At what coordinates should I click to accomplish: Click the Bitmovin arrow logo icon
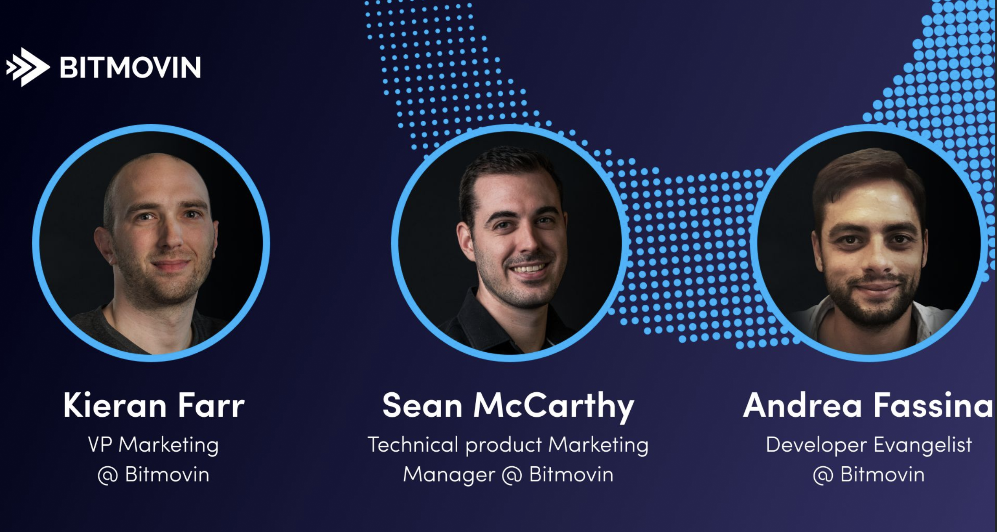(x=28, y=67)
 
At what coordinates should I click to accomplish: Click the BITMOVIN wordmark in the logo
(x=130, y=67)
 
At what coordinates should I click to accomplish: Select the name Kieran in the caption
(x=115, y=405)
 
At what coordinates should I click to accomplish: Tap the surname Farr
(x=211, y=405)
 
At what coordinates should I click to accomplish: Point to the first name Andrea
(x=802, y=405)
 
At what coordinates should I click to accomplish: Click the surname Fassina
(x=933, y=405)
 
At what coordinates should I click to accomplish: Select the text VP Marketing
(x=153, y=445)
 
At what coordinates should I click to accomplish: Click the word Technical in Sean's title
(x=413, y=444)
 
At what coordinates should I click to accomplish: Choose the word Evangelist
(x=923, y=445)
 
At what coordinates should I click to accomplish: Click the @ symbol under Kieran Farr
(x=107, y=476)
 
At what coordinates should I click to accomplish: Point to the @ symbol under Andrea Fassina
(x=823, y=476)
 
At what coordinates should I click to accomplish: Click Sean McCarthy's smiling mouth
(x=529, y=268)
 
